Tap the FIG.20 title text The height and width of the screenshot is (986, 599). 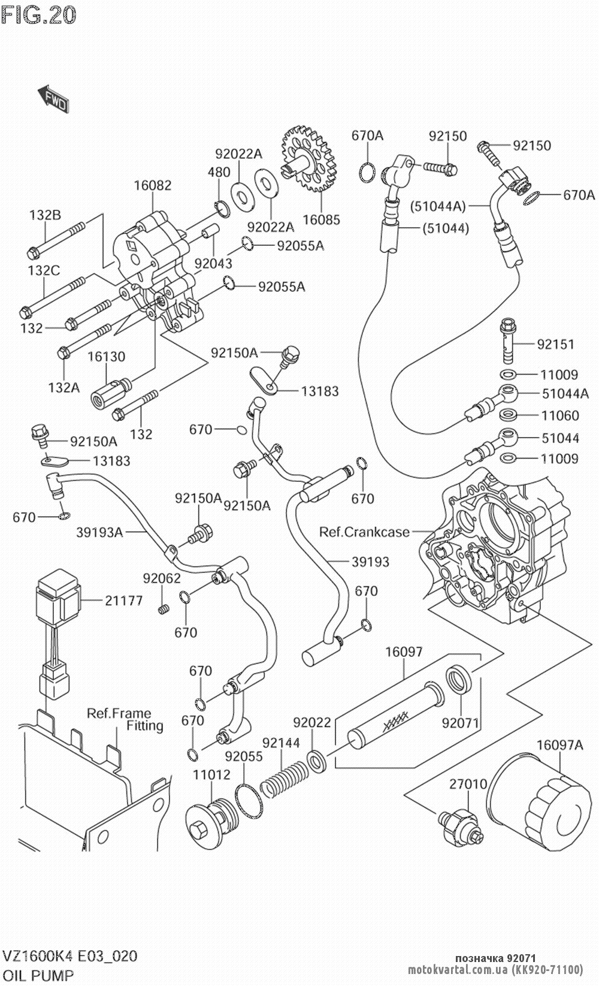pos(39,15)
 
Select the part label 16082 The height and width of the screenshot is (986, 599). pos(152,185)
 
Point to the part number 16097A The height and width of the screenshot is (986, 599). pos(559,745)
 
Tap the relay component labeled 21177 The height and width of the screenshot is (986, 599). pos(57,593)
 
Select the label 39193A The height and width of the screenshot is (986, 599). pos(99,532)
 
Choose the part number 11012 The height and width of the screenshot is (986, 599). pos(211,774)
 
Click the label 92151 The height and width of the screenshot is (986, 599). pos(555,344)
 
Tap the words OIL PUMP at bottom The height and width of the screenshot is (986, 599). pos(38,975)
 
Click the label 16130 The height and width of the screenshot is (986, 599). pos(107,357)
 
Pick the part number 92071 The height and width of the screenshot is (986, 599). pos(461,722)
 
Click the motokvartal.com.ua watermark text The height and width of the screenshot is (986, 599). pos(495,970)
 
